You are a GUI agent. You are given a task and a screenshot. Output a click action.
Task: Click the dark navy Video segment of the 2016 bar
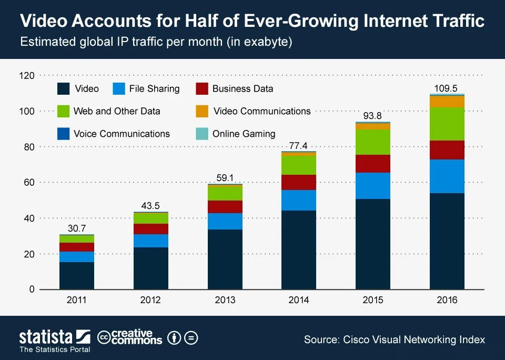pyautogui.click(x=447, y=241)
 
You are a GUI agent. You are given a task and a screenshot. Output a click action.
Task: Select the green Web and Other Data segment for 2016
pyautogui.click(x=447, y=124)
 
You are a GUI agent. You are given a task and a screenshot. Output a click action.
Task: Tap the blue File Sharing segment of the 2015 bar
pyautogui.click(x=372, y=185)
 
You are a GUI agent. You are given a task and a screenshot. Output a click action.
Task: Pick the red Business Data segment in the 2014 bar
pyautogui.click(x=298, y=182)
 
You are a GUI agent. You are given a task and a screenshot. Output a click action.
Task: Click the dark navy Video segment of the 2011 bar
pyautogui.click(x=76, y=275)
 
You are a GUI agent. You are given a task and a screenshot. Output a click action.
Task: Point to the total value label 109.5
pyautogui.click(x=447, y=88)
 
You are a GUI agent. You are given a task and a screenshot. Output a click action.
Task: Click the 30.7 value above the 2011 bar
pyautogui.click(x=77, y=228)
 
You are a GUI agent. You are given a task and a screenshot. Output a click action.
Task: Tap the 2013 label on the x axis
pyautogui.click(x=225, y=301)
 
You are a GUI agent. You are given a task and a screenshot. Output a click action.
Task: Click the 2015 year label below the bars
pyautogui.click(x=372, y=301)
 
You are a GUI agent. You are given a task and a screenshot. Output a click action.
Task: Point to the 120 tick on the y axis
pyautogui.click(x=26, y=76)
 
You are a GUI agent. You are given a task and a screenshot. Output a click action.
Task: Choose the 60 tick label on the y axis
pyautogui.click(x=29, y=183)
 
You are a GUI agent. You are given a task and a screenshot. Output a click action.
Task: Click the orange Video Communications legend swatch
pyautogui.click(x=202, y=111)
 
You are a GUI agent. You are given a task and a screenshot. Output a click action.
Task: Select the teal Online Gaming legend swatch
pyautogui.click(x=202, y=134)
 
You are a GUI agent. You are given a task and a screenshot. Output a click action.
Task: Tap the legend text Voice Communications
pyautogui.click(x=122, y=134)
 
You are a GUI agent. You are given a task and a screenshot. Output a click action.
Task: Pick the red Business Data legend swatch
pyautogui.click(x=202, y=88)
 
